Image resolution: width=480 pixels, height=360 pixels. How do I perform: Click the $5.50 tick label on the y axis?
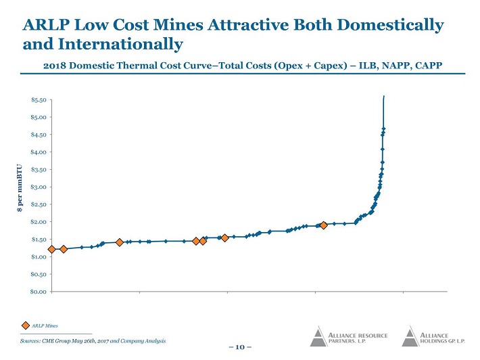39,99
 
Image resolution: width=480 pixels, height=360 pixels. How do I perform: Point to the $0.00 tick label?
39,292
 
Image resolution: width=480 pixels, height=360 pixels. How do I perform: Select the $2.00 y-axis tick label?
39,222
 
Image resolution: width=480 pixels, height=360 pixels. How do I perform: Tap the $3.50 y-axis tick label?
39,170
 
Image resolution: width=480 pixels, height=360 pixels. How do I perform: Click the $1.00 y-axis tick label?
39,256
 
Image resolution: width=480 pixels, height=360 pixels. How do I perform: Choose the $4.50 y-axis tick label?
39,135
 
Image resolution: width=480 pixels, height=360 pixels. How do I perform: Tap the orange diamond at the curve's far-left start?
51,249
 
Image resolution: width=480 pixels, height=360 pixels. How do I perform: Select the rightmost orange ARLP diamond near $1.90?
324,225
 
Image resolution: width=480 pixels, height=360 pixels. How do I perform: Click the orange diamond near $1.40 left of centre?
120,242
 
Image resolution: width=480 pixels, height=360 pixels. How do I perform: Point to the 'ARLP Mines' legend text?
45,325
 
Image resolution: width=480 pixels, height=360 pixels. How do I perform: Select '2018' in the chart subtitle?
55,66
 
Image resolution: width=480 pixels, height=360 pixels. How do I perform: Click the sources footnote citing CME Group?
93,340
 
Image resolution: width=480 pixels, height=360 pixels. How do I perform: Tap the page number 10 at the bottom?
239,348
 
